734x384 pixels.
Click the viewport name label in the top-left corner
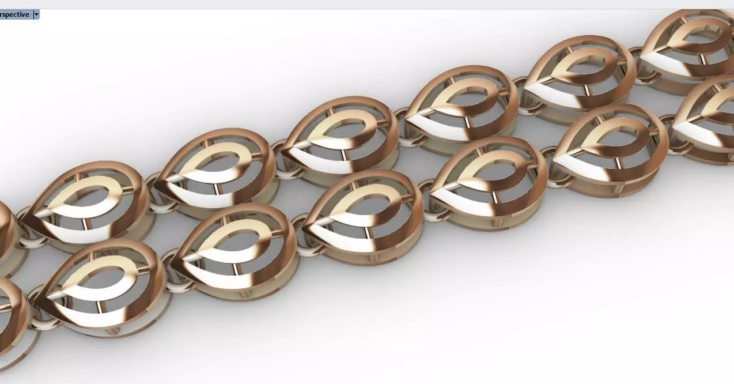pyautogui.click(x=14, y=14)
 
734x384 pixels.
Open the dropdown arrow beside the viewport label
pyautogui.click(x=36, y=14)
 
